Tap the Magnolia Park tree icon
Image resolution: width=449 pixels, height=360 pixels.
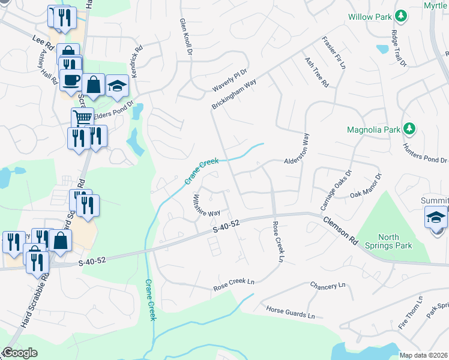(x=409, y=128)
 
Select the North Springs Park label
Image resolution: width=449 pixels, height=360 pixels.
(x=387, y=241)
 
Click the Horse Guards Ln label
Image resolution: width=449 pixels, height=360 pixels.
(x=291, y=312)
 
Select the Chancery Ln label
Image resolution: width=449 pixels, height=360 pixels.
(x=328, y=286)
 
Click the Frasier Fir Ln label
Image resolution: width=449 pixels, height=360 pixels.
(x=334, y=53)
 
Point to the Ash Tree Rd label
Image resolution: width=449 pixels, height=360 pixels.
(x=316, y=73)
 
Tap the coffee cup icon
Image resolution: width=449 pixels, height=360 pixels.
(x=71, y=79)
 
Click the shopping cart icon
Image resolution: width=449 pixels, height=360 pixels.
(x=82, y=117)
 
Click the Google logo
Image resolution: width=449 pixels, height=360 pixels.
(x=19, y=353)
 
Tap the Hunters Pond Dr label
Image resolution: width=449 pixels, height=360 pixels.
(x=427, y=159)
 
